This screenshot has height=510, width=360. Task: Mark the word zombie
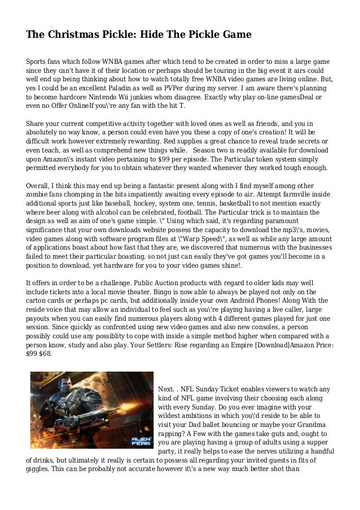tap(39, 194)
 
